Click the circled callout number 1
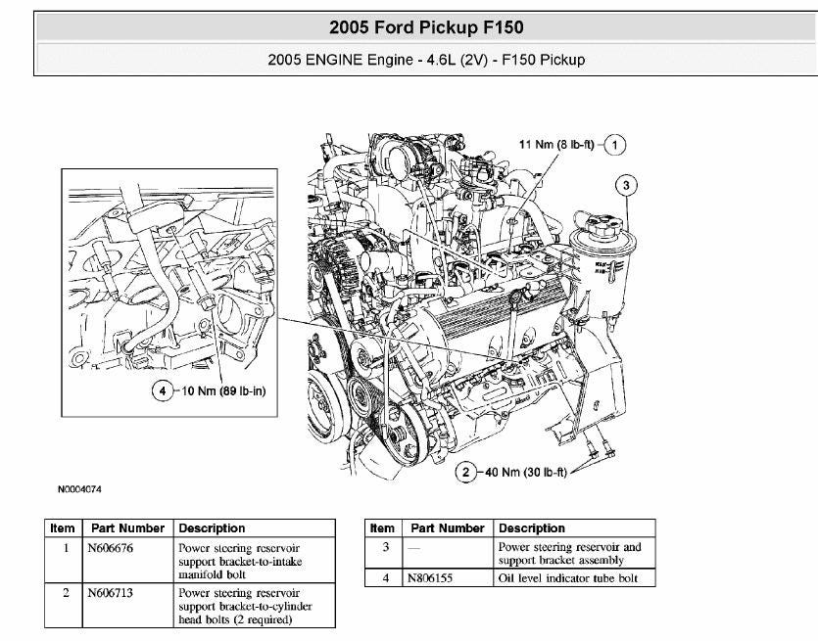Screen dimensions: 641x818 [x=614, y=145]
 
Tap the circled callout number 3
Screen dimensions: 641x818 [x=626, y=184]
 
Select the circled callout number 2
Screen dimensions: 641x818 [x=468, y=474]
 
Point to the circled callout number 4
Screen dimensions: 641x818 [x=162, y=391]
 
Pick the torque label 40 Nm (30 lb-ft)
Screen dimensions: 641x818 [x=525, y=474]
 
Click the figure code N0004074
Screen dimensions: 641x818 [x=80, y=486]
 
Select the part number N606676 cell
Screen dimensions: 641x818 [x=110, y=548]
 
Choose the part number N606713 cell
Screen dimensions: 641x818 [x=110, y=593]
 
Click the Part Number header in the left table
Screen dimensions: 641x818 [x=127, y=528]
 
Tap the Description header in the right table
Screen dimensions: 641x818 [x=532, y=528]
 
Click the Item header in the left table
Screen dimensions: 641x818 [x=63, y=528]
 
